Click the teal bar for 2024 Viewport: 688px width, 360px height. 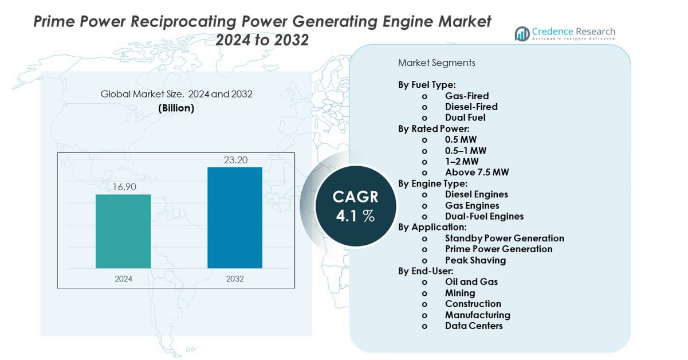pyautogui.click(x=123, y=231)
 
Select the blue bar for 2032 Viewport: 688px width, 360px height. pyautogui.click(x=235, y=217)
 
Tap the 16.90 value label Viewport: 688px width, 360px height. pyautogui.click(x=123, y=187)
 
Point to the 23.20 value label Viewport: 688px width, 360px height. pyautogui.click(x=235, y=160)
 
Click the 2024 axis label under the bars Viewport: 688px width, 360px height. pyautogui.click(x=123, y=279)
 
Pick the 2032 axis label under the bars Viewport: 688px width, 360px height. pyautogui.click(x=235, y=279)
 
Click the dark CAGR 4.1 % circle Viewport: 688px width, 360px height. pyautogui.click(x=355, y=206)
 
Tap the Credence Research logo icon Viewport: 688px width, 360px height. pyautogui.click(x=522, y=33)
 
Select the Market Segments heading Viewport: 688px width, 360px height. pyautogui.click(x=437, y=62)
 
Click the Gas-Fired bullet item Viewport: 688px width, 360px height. pyautogui.click(x=467, y=96)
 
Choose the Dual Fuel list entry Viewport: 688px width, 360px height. pyautogui.click(x=465, y=118)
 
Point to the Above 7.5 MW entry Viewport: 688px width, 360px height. pyautogui.click(x=477, y=172)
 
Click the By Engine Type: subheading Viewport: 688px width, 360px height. pyautogui.click(x=433, y=183)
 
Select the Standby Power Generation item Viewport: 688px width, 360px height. pyautogui.click(x=504, y=238)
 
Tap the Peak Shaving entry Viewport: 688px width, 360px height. pyautogui.click(x=475, y=260)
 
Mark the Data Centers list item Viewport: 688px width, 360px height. pyautogui.click(x=474, y=326)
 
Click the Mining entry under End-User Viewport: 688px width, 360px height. pyautogui.click(x=460, y=293)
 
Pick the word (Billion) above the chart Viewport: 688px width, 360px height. pyautogui.click(x=176, y=108)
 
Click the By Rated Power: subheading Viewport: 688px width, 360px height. pyautogui.click(x=434, y=128)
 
